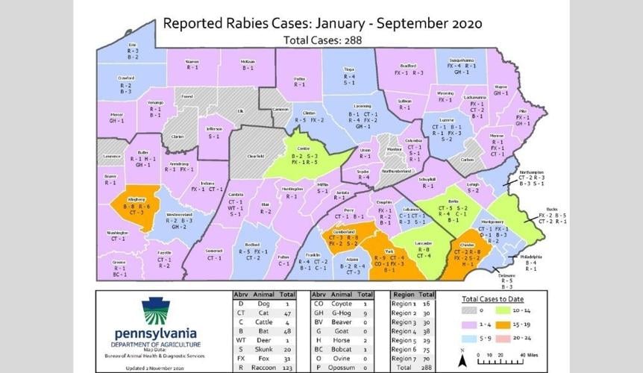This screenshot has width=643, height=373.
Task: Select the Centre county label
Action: click(303, 148)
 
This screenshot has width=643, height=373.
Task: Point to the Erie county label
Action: click(132, 44)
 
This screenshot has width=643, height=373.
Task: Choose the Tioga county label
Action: click(348, 69)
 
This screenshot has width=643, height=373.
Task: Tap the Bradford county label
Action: click(408, 66)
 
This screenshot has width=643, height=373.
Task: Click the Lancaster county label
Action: click(423, 244)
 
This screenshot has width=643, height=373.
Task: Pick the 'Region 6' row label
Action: click(403, 348)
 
